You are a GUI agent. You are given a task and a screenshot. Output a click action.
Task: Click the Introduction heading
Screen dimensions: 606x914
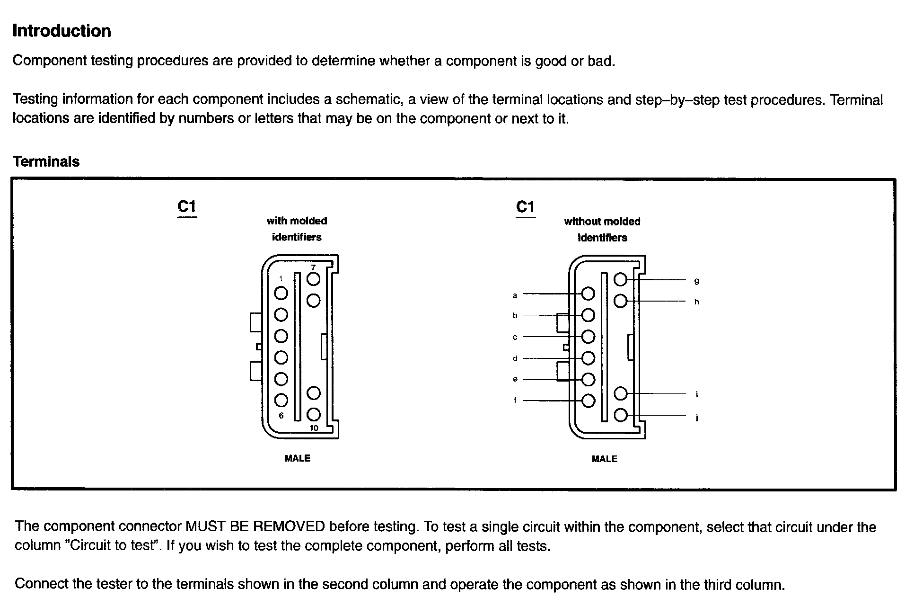(x=62, y=31)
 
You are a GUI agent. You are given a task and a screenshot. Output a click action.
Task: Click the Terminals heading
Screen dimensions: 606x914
(x=46, y=162)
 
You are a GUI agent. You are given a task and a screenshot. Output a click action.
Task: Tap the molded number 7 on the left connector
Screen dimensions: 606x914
(x=313, y=267)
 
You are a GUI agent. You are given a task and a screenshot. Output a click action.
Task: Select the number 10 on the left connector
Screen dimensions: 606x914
(x=314, y=428)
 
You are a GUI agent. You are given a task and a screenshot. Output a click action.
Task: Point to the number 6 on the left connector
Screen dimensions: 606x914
(x=281, y=416)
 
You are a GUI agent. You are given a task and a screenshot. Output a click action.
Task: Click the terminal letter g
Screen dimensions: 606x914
(x=696, y=281)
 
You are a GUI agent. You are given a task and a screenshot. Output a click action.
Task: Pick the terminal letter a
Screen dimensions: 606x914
(x=515, y=295)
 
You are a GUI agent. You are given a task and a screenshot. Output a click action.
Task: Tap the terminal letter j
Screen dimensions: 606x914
(x=697, y=417)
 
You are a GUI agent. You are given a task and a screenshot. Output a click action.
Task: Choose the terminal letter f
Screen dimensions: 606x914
(x=515, y=401)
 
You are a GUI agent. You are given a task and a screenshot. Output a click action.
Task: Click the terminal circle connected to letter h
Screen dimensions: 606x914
(x=620, y=301)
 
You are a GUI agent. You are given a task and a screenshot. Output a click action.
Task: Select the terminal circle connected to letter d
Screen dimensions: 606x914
(x=588, y=358)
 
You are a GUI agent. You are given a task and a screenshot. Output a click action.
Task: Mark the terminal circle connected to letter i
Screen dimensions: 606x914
(x=620, y=393)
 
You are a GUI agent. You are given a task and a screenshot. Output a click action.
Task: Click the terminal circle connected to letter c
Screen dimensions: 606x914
(x=588, y=337)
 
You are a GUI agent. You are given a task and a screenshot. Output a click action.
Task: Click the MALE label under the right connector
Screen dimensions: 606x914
(x=604, y=459)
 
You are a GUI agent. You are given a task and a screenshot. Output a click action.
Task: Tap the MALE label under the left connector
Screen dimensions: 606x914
(x=297, y=458)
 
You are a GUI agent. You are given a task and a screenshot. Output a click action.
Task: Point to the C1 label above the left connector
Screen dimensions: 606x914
(x=186, y=207)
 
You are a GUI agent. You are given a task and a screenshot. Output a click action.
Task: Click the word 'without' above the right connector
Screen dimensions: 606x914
(x=581, y=222)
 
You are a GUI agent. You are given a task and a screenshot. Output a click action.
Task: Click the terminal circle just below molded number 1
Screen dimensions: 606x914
(x=281, y=293)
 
